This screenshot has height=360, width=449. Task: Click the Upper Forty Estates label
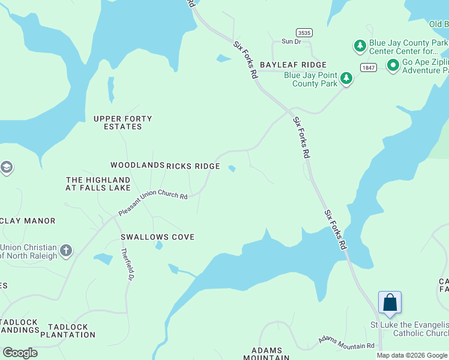(x=122, y=122)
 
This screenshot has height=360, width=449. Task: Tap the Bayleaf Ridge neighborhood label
(x=293, y=65)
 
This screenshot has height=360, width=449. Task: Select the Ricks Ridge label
(x=193, y=166)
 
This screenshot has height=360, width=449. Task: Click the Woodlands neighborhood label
(x=137, y=165)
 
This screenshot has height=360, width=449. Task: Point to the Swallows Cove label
(x=158, y=237)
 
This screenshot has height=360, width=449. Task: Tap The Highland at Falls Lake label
(x=98, y=184)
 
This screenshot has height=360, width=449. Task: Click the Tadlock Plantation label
(x=68, y=331)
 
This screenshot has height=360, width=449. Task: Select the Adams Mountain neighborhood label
(x=270, y=353)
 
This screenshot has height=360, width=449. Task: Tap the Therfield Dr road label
(x=127, y=265)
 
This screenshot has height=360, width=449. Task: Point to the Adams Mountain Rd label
(x=346, y=343)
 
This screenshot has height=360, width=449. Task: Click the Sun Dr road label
(x=291, y=41)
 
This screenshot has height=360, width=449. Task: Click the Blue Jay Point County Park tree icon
(x=346, y=78)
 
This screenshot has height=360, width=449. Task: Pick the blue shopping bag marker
(x=390, y=302)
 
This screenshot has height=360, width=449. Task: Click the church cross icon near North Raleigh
(x=66, y=250)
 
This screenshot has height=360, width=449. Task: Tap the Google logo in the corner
(x=20, y=353)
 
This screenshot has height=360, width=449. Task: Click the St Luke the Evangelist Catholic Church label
(x=408, y=329)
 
